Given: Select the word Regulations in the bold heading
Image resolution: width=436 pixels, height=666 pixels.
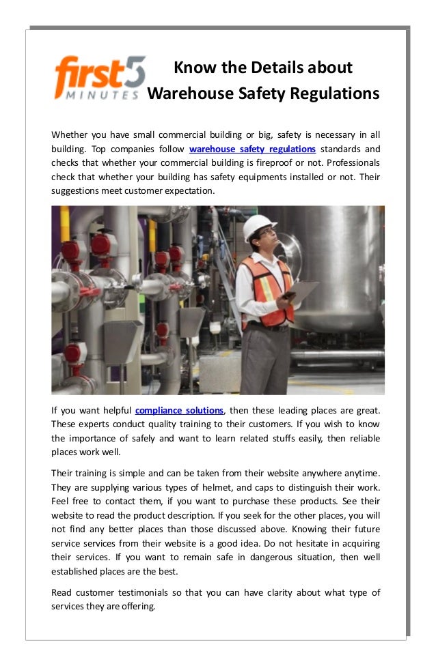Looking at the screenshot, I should [333, 93].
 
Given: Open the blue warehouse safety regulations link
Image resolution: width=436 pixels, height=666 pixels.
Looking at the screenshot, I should [252, 149].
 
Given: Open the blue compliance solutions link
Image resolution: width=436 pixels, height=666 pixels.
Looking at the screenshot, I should [179, 410].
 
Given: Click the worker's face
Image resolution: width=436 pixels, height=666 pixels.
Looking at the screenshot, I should [265, 240].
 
